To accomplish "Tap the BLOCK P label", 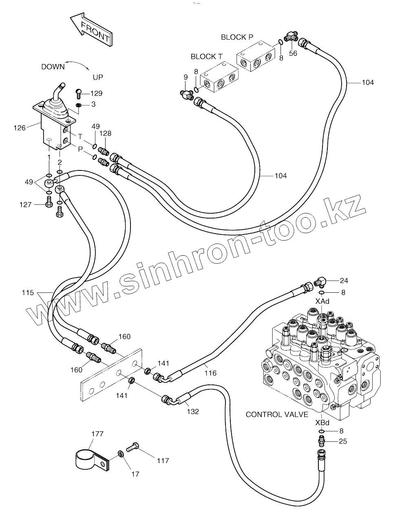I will tap(237, 37).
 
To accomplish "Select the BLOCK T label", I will tap(206, 57).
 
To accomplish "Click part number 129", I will tap(96, 93).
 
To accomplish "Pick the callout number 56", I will tap(293, 53).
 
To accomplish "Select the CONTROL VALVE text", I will tap(277, 415).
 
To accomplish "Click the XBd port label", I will tap(322, 423).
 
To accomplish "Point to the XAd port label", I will tap(322, 301).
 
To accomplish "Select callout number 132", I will tap(193, 411).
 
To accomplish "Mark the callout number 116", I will tap(210, 373).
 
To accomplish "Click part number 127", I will tap(25, 205).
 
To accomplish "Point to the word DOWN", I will tap(53, 67).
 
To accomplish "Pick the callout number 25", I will tap(343, 441).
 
